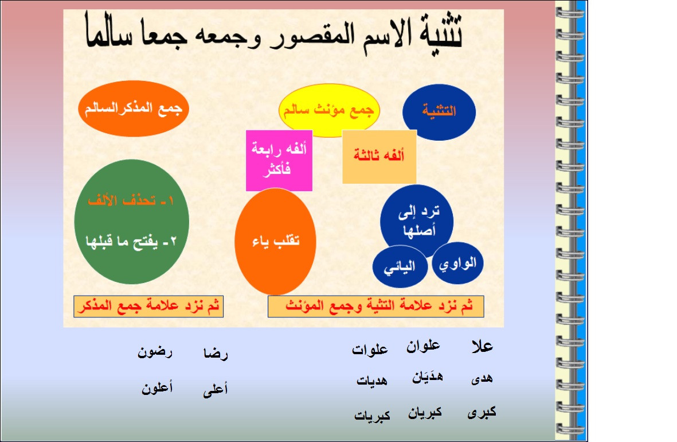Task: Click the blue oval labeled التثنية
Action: click(x=439, y=112)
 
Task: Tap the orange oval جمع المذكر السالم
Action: click(x=134, y=108)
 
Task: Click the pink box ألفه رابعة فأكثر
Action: click(x=279, y=161)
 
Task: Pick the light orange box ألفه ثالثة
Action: click(x=379, y=157)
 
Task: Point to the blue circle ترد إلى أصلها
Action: click(x=417, y=221)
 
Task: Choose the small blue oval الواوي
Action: click(x=457, y=263)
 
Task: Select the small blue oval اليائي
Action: click(x=400, y=267)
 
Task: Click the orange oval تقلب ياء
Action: click(x=276, y=241)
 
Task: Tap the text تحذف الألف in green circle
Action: click(x=131, y=201)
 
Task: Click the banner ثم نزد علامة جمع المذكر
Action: click(x=148, y=307)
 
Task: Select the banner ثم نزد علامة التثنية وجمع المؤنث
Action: click(x=375, y=307)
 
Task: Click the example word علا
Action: click(x=482, y=346)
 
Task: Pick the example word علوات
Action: click(x=370, y=349)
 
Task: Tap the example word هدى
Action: click(x=482, y=378)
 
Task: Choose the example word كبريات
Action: click(x=372, y=416)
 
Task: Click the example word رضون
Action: click(x=155, y=352)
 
